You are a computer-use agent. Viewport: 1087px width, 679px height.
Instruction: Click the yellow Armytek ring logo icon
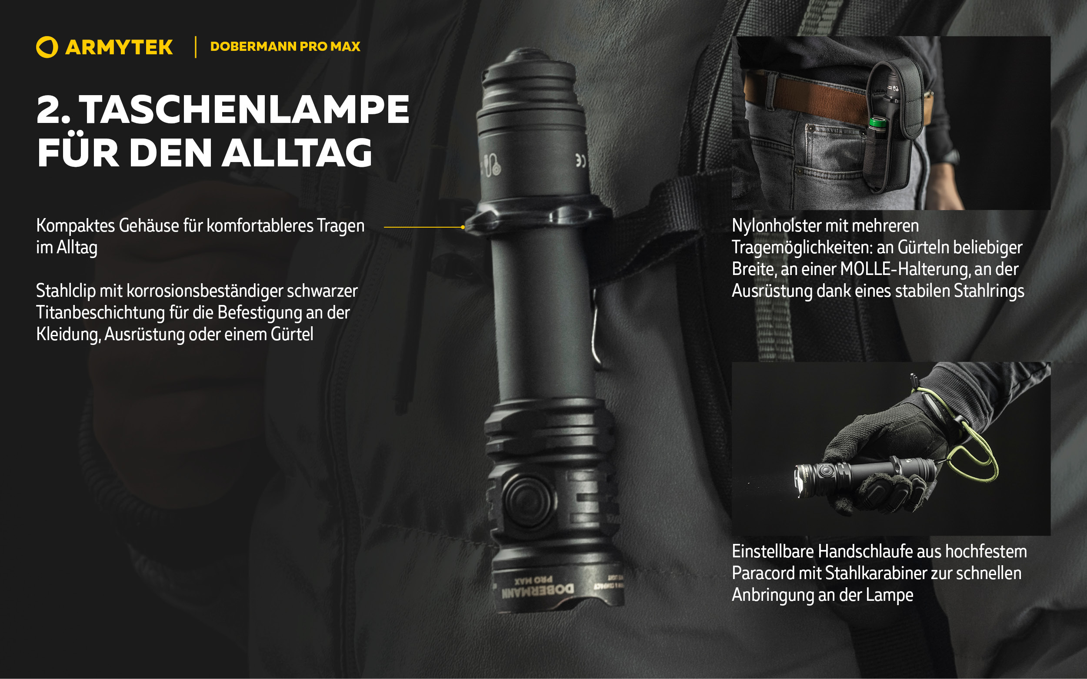coord(47,47)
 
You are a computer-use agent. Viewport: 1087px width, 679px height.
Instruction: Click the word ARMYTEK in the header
coord(119,47)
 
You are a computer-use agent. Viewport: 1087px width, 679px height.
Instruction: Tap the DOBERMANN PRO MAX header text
coord(285,46)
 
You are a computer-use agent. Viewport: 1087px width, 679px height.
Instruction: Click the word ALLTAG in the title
coord(297,152)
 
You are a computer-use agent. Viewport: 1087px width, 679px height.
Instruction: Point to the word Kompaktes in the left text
coord(76,226)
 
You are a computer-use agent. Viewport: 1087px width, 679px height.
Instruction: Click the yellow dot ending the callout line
coord(463,227)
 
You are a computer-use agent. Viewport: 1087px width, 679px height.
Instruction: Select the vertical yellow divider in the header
coord(196,47)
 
